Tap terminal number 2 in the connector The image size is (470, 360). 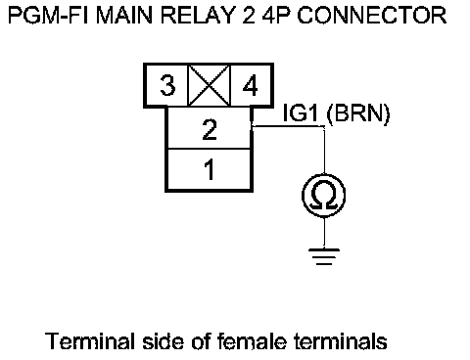(x=210, y=129)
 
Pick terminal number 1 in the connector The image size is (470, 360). (x=210, y=169)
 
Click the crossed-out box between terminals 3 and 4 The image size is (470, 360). (x=209, y=85)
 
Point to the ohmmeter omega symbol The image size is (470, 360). (x=324, y=196)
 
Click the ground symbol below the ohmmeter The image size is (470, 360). (x=324, y=256)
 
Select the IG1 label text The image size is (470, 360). (x=301, y=112)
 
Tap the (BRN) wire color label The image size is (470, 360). (x=358, y=113)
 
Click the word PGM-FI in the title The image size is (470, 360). (x=48, y=15)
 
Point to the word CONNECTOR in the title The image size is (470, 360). (x=372, y=15)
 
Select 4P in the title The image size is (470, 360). (x=276, y=15)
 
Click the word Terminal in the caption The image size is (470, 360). (x=90, y=341)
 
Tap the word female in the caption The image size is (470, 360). (x=252, y=341)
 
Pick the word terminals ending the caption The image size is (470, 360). (x=341, y=341)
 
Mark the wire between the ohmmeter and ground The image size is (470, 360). (x=324, y=233)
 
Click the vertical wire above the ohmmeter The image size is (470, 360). (x=324, y=150)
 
